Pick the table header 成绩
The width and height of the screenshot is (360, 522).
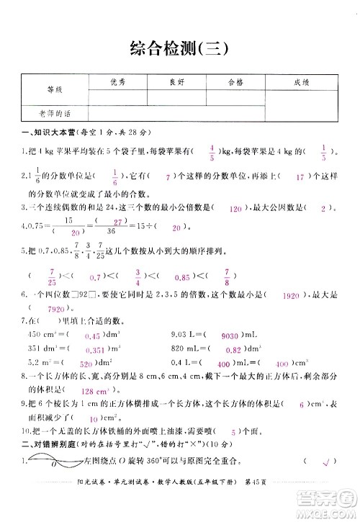click(x=302, y=83)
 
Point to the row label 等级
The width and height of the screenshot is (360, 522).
click(x=54, y=90)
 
